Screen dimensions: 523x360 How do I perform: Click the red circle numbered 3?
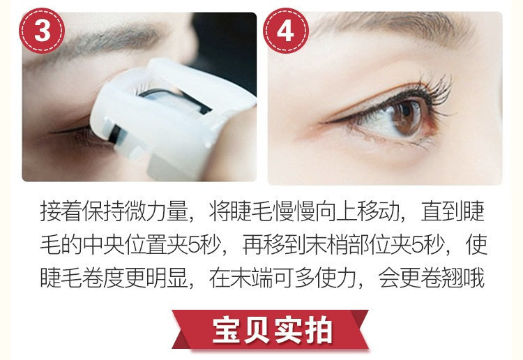pyautogui.click(x=42, y=31)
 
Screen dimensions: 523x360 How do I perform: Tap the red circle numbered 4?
pyautogui.click(x=286, y=31)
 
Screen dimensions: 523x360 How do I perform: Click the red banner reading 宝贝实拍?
pyautogui.click(x=270, y=329)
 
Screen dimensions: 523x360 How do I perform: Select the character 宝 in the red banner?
pyautogui.click(x=227, y=330)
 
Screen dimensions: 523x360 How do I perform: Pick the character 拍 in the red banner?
pyautogui.click(x=318, y=330)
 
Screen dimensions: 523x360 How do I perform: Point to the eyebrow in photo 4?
pyautogui.click(x=393, y=27)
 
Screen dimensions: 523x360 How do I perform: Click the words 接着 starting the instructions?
pyautogui.click(x=61, y=211)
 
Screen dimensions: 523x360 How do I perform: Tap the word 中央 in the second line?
pyautogui.click(x=103, y=245)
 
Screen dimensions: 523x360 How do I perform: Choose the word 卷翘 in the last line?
pyautogui.click(x=442, y=278)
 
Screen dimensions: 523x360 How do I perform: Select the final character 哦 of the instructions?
pyautogui.click(x=473, y=278)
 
